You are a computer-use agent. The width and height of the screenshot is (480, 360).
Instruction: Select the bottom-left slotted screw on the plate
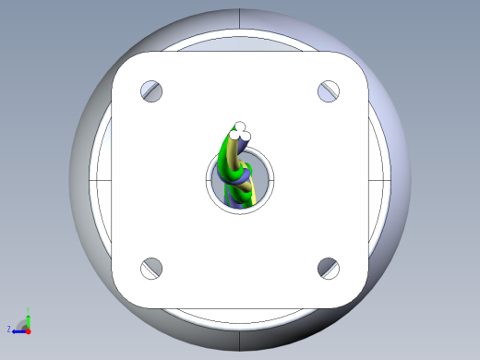[151, 268]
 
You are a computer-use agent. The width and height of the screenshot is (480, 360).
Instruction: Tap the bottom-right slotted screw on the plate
[330, 268]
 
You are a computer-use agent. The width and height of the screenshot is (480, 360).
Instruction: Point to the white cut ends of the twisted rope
[241, 133]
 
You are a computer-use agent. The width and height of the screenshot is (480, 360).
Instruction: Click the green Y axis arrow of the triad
[28, 317]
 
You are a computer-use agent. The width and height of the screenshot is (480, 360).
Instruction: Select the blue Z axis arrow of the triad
[18, 329]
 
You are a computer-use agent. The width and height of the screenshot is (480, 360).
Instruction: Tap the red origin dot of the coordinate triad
[28, 329]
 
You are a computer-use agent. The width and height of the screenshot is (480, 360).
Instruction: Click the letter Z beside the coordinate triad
[9, 329]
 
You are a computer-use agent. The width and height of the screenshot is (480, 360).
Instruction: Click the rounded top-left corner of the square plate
[123, 63]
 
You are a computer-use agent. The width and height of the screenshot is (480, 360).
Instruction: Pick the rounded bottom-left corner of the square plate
[123, 295]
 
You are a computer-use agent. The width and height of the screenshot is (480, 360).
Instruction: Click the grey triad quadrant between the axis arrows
[22, 324]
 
